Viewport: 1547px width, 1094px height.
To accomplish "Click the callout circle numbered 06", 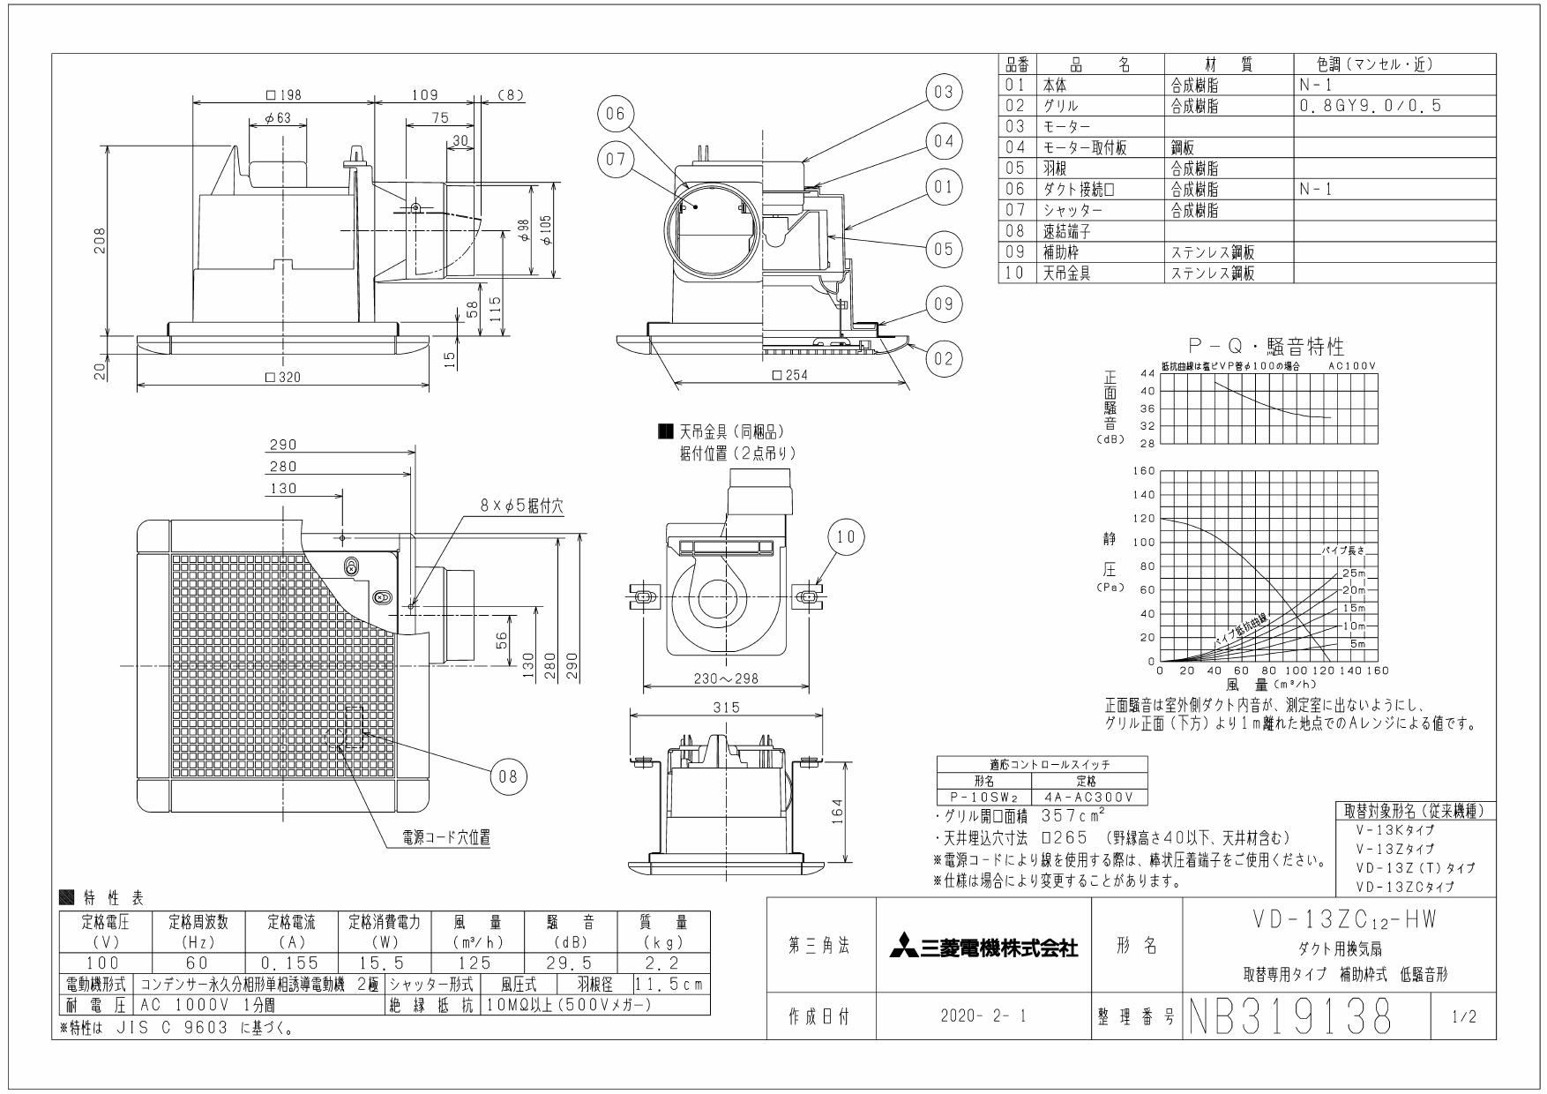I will (x=616, y=114).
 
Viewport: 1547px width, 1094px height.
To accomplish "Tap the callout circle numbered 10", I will (x=846, y=537).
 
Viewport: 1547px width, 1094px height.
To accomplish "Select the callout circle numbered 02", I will (x=944, y=358).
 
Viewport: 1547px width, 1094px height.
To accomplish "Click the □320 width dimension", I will (x=284, y=377).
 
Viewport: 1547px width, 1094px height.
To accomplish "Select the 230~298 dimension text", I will (x=725, y=679).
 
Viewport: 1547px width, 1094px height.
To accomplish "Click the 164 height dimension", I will (x=838, y=809).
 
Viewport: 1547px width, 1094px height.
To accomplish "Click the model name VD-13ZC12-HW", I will (x=1337, y=919).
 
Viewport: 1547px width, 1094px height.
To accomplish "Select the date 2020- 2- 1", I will (x=983, y=1016).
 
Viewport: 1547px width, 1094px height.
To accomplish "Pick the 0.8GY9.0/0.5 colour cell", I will (x=1370, y=105).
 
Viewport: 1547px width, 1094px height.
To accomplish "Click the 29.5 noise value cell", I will (x=572, y=963).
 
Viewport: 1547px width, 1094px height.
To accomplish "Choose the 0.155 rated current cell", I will (x=292, y=963).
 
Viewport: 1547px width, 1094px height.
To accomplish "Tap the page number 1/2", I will (x=1461, y=1017).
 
